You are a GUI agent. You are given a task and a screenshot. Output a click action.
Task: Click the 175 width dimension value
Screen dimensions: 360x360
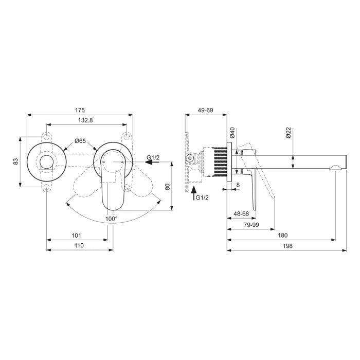[80, 110]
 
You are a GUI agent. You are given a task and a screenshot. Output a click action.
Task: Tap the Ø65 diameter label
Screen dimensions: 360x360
[80, 140]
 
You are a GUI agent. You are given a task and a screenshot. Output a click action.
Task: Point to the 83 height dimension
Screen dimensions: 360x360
[15, 161]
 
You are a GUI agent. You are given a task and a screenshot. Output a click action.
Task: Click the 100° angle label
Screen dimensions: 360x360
[111, 219]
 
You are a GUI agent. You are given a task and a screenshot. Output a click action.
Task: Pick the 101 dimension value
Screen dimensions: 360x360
[77, 235]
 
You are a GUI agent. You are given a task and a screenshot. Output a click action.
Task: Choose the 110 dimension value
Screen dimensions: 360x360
[79, 246]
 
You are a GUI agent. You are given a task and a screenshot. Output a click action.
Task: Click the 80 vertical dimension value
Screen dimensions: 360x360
[167, 187]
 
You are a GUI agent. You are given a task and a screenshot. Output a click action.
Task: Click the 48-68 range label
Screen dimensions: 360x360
[241, 213]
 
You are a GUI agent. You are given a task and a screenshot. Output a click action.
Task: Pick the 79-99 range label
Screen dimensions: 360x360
[251, 224]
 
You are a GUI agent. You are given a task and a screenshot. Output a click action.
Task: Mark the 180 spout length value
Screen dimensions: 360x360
[282, 235]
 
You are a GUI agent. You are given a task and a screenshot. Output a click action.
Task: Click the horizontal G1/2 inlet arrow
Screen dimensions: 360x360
[152, 162]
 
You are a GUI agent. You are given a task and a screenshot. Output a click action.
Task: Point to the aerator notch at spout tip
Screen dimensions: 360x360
[335, 167]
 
